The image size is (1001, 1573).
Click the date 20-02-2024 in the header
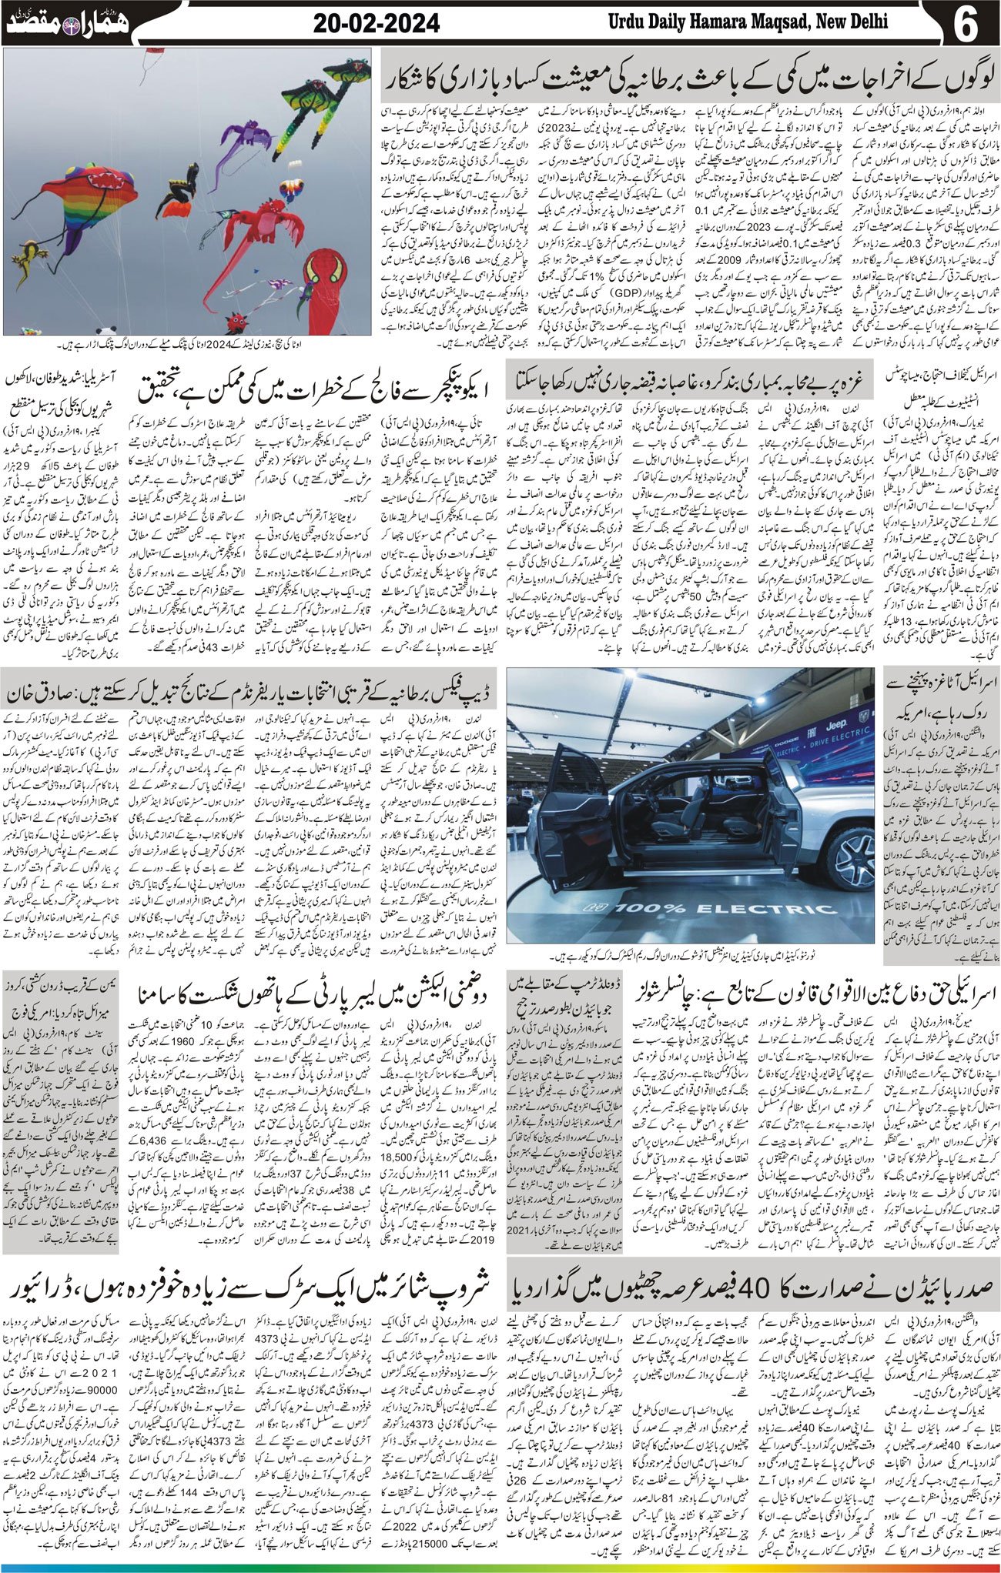377,24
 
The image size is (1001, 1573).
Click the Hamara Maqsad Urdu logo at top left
69,23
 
